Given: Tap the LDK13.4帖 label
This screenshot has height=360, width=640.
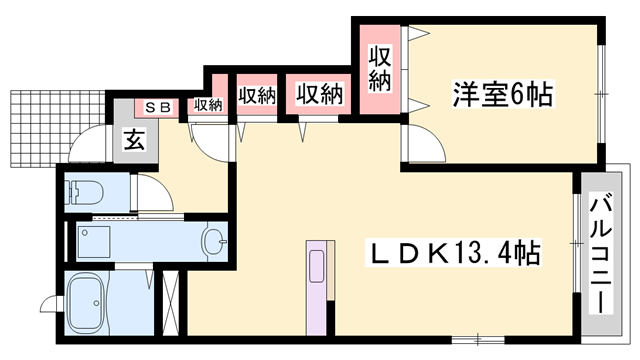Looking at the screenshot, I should tap(454, 254).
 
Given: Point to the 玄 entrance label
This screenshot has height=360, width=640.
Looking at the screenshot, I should tap(133, 141).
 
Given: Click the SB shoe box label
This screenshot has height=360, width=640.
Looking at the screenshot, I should tap(158, 105).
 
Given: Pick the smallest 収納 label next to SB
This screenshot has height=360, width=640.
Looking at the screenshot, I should tap(207, 104).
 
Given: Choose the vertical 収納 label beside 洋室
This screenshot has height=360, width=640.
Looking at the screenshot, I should tap(378, 70).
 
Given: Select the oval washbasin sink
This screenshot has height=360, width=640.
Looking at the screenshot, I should tap(214, 240).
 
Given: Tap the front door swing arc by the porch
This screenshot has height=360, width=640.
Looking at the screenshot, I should tap(88, 145).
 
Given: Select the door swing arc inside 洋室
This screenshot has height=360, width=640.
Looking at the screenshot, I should tap(425, 149).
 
